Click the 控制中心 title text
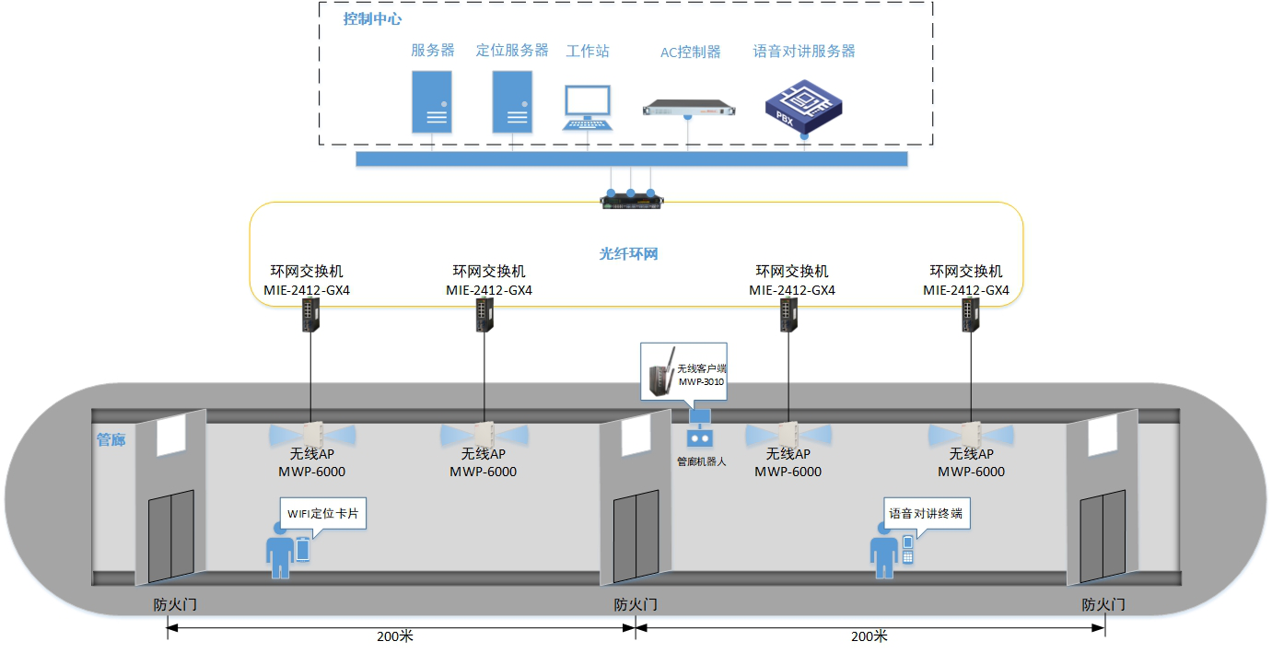[x=372, y=18]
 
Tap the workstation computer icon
[x=588, y=109]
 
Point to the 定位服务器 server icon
[x=511, y=101]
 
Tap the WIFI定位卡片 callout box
[x=323, y=514]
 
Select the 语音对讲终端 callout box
[x=925, y=513]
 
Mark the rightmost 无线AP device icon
[x=971, y=434]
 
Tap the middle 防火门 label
[x=636, y=605]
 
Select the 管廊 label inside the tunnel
[x=111, y=440]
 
